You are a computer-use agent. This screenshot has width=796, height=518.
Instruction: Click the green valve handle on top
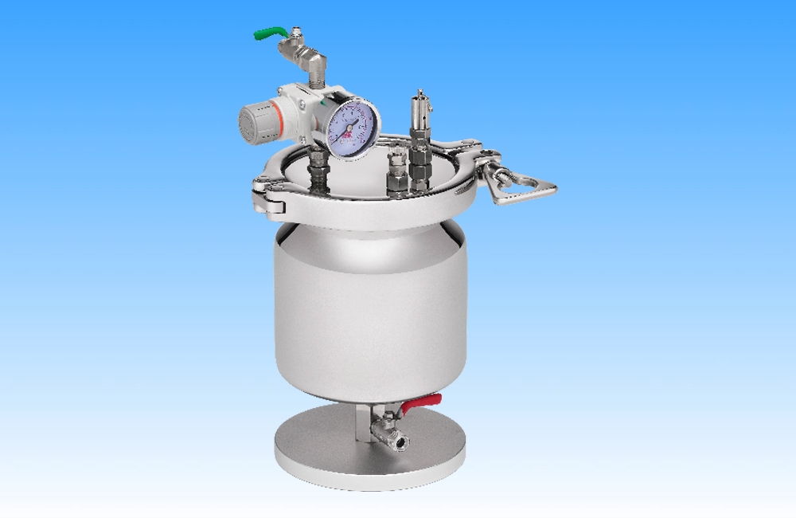click(x=269, y=33)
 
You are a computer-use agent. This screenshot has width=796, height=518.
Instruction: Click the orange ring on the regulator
click(x=274, y=120)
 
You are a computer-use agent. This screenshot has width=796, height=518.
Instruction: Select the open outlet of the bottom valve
click(x=400, y=441)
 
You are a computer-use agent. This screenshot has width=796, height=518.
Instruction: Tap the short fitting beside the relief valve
click(x=396, y=171)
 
